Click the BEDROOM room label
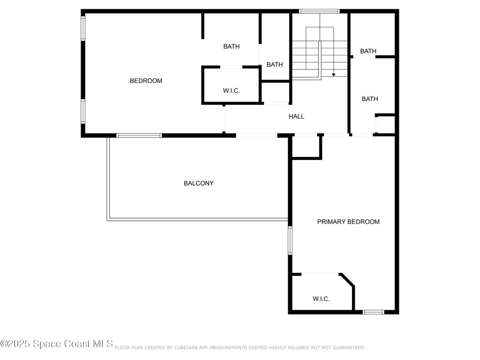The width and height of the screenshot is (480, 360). (146, 81)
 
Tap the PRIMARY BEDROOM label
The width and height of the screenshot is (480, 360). (348, 222)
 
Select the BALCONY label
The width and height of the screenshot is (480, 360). (198, 183)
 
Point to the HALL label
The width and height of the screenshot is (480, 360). (296, 116)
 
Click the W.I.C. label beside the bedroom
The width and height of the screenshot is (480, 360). (231, 91)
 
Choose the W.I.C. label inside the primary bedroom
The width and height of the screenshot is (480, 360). (321, 299)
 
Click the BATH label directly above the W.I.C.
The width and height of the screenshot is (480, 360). (231, 46)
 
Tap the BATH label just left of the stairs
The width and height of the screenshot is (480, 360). (275, 65)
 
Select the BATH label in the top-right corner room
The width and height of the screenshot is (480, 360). (368, 51)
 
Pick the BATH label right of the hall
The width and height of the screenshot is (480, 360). (369, 99)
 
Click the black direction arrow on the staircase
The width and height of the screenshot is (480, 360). (333, 74)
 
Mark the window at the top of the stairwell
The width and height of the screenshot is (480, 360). (319, 11)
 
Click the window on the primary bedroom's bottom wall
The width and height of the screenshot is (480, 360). (374, 312)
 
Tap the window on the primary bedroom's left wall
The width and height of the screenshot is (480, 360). (290, 240)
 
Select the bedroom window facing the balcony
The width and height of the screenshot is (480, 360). (139, 135)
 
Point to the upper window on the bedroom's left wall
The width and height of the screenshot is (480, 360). (83, 28)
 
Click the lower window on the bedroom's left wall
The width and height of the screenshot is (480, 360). (83, 112)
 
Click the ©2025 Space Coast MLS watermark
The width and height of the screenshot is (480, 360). (57, 344)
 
